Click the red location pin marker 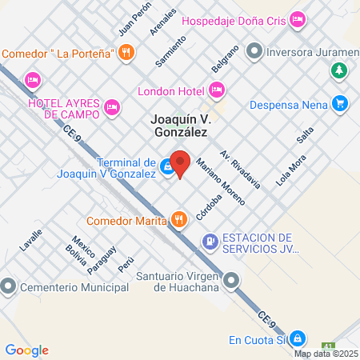coord(181,163)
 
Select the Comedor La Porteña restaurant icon coord(126,54)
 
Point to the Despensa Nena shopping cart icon coord(340,103)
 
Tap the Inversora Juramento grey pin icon coord(255,54)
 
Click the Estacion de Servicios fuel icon coord(210,239)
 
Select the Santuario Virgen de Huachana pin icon coord(232,280)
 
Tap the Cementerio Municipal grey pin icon coord(8,286)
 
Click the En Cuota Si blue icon coord(298,338)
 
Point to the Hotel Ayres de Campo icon coord(113,106)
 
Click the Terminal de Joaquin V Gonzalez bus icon coord(168,167)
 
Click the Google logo coord(26,350)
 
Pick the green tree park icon coord(340,70)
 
